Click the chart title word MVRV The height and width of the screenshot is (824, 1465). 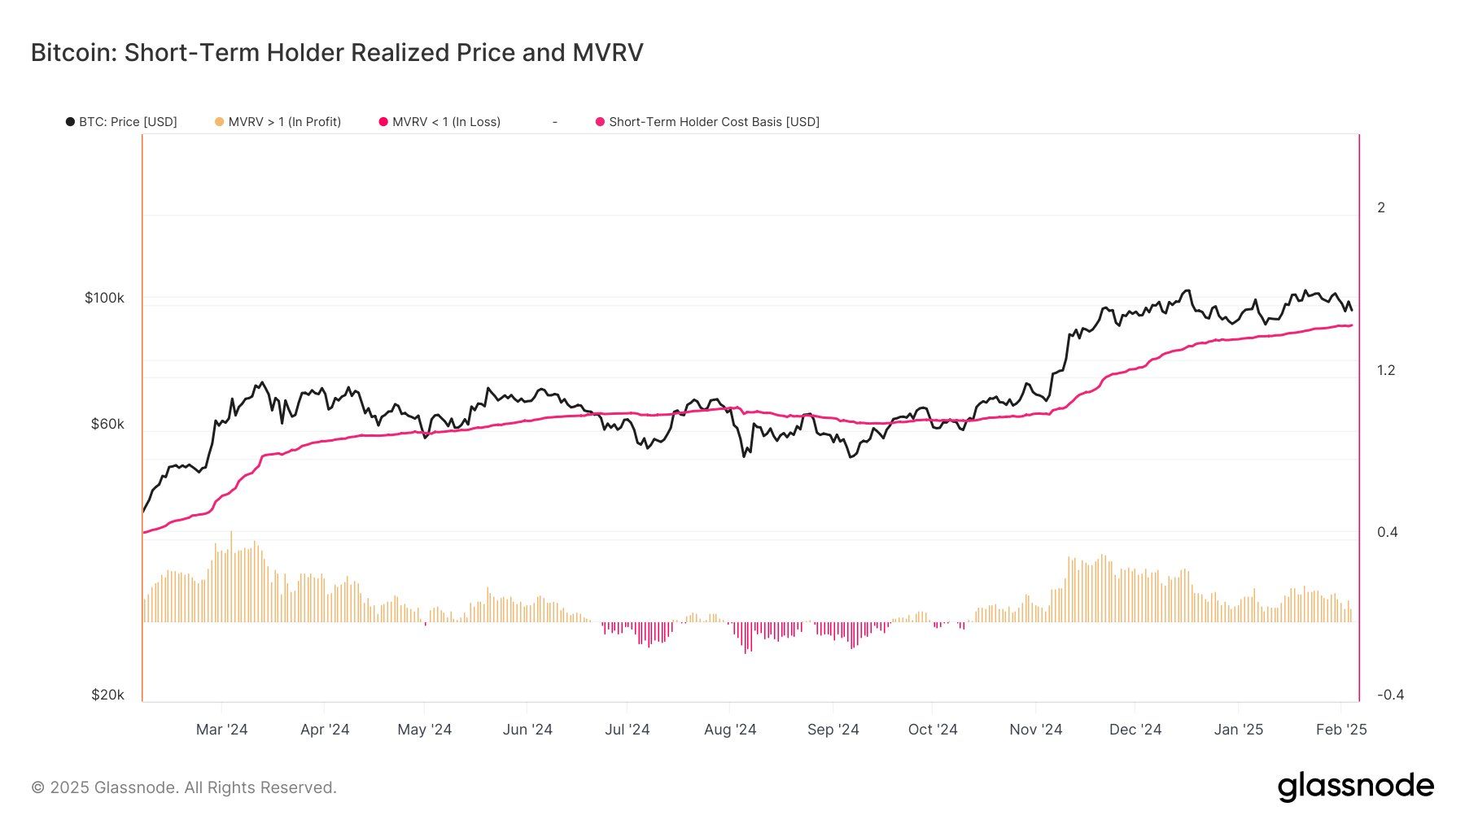[607, 53]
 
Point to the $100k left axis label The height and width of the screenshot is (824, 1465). [104, 298]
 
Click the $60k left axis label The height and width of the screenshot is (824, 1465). [107, 424]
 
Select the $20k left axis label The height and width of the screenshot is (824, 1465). [107, 695]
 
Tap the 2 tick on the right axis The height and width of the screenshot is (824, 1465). [1380, 207]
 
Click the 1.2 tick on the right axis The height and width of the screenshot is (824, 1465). [1385, 370]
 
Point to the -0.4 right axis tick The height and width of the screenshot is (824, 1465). [1390, 695]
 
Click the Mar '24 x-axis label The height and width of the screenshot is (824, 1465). [221, 730]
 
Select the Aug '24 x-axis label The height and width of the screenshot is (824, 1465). [730, 730]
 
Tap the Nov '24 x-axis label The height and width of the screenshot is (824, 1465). [1035, 730]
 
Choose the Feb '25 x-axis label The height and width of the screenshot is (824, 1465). [1341, 730]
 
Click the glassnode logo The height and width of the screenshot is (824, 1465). [1355, 787]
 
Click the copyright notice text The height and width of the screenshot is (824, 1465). [184, 787]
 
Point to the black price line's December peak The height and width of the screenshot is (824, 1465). [1187, 290]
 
